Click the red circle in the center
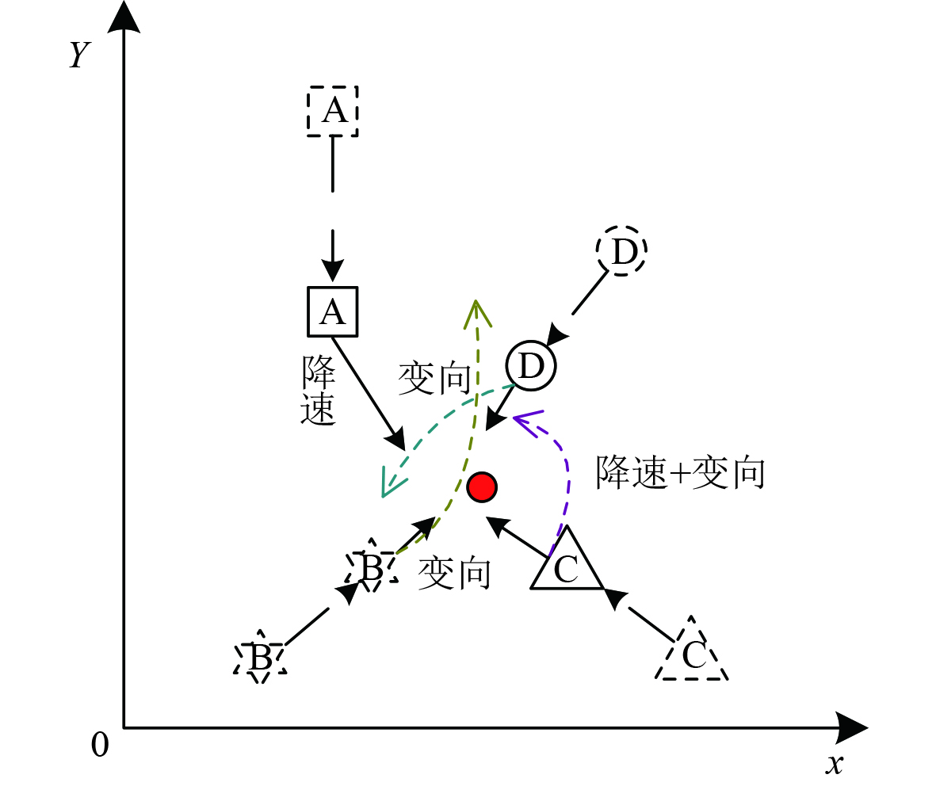[x=482, y=486]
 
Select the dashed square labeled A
[x=333, y=111]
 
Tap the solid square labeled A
[x=333, y=311]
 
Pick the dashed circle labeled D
[x=622, y=251]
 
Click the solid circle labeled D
[x=531, y=366]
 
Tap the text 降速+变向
[x=680, y=473]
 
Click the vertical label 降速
[x=319, y=391]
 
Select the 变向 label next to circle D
[x=434, y=379]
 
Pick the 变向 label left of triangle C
[x=454, y=572]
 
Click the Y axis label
[x=78, y=55]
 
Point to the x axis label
[x=833, y=764]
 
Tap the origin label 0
[x=100, y=745]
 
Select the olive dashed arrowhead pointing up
[x=475, y=312]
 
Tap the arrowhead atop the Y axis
[x=124, y=17]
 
